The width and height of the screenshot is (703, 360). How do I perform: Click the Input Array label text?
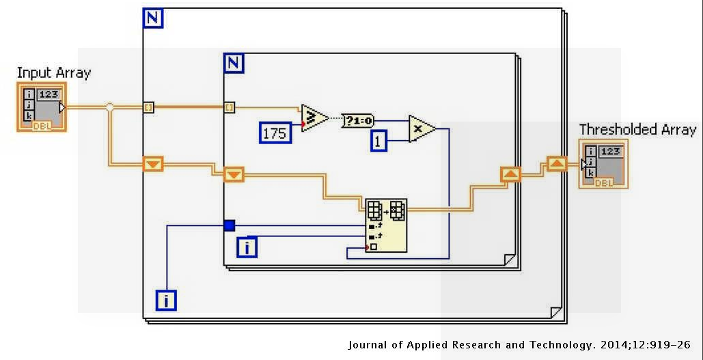[x=53, y=72]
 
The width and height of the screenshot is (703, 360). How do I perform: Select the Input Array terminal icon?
[x=42, y=107]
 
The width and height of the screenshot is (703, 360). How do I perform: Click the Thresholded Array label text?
[x=637, y=129]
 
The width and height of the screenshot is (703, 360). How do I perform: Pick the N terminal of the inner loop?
[x=234, y=64]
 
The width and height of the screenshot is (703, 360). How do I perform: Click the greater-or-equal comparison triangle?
[x=314, y=117]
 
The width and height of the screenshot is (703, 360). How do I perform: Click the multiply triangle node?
[x=422, y=128]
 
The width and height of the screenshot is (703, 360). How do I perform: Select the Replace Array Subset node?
[x=385, y=225]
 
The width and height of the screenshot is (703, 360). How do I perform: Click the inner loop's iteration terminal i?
[x=247, y=247]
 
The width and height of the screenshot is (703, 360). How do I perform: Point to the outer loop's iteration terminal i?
[x=165, y=299]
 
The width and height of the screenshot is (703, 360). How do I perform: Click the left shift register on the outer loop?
[x=152, y=163]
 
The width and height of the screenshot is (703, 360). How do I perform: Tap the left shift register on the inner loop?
[x=234, y=175]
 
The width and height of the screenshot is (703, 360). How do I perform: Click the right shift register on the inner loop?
[x=510, y=174]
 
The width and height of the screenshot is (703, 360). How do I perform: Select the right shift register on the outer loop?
[x=557, y=163]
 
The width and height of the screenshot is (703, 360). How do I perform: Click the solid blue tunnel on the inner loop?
[x=230, y=225]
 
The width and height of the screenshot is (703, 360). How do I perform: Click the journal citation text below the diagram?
[x=519, y=345]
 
